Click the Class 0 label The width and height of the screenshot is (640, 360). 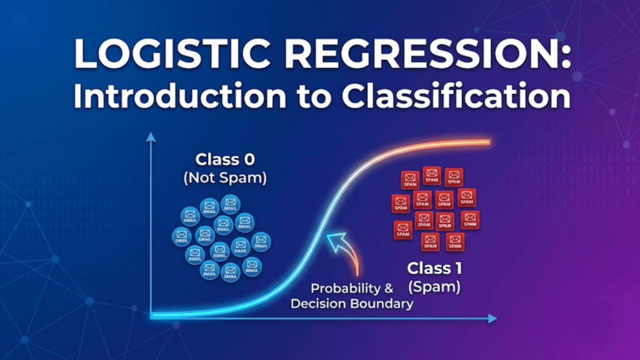(224, 157)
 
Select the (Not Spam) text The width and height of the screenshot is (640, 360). (224, 177)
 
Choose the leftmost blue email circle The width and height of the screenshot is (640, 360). (181, 236)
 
